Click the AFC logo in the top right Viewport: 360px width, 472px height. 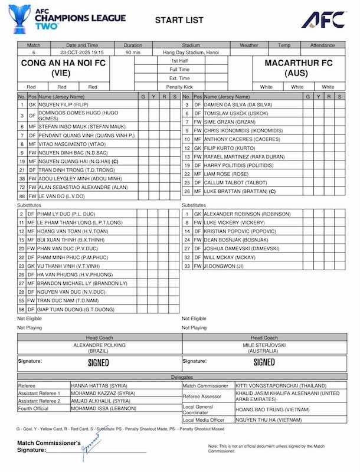tap(323, 19)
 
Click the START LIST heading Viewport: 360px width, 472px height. tap(175, 21)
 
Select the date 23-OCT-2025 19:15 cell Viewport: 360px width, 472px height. tap(82, 52)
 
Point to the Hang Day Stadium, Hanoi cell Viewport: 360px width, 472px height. tap(191, 52)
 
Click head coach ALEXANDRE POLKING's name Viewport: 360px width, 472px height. tap(100, 345)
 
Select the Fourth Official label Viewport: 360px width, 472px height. tap(34, 408)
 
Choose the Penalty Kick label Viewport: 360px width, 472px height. tap(179, 86)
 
